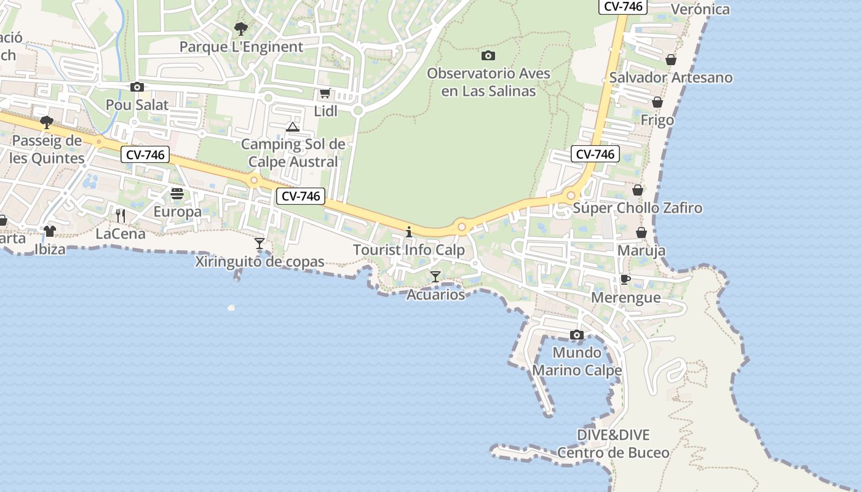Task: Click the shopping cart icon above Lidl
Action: point(325,93)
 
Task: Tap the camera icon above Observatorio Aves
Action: point(488,55)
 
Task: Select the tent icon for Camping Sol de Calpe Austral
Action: point(293,127)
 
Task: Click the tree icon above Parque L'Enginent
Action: point(241,28)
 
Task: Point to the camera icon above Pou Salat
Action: point(137,87)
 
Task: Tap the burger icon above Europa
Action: point(177,194)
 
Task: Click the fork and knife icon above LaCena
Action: point(121,215)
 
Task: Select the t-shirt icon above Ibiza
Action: point(49,231)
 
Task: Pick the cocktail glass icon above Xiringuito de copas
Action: point(260,244)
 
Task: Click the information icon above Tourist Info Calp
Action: point(409,232)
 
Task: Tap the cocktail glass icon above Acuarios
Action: point(435,277)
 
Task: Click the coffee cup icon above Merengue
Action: point(625,280)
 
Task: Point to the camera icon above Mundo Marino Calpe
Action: point(577,335)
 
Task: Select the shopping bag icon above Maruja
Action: point(641,232)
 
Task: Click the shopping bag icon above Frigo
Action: point(657,102)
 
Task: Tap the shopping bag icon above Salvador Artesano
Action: point(671,60)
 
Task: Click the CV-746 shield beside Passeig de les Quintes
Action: point(146,154)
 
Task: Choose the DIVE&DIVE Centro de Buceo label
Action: point(613,444)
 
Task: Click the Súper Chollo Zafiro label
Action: point(637,208)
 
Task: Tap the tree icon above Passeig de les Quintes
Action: point(47,122)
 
